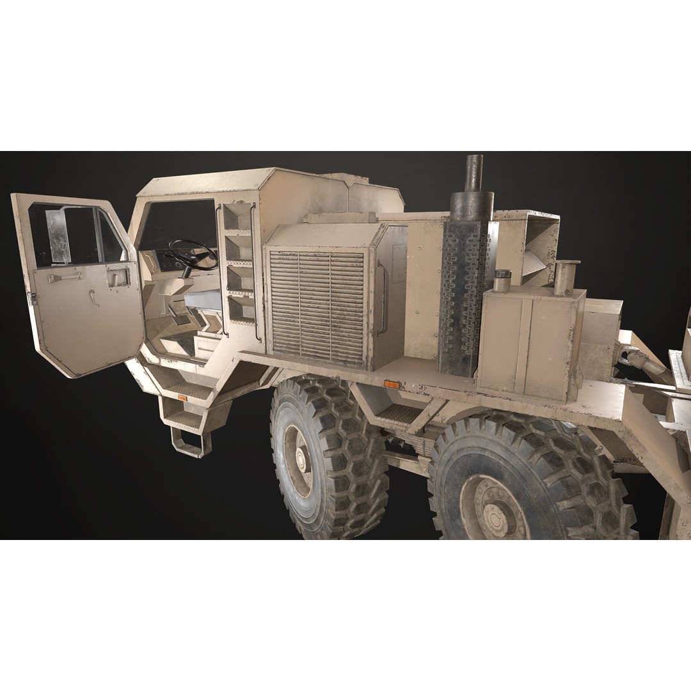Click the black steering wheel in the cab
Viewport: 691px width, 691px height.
pyautogui.click(x=192, y=253)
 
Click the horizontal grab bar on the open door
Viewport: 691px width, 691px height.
pyautogui.click(x=65, y=277)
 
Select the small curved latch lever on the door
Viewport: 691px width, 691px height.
pyautogui.click(x=94, y=298)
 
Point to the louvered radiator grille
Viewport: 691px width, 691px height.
pyautogui.click(x=317, y=306)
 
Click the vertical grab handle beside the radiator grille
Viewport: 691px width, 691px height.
pyautogui.click(x=383, y=299)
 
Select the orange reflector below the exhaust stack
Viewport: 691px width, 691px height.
pyautogui.click(x=391, y=385)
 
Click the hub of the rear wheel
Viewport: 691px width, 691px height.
pyautogui.click(x=495, y=512)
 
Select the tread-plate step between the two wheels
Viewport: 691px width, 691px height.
pyautogui.click(x=397, y=413)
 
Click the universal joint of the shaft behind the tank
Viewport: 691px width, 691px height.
pyautogui.click(x=630, y=354)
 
